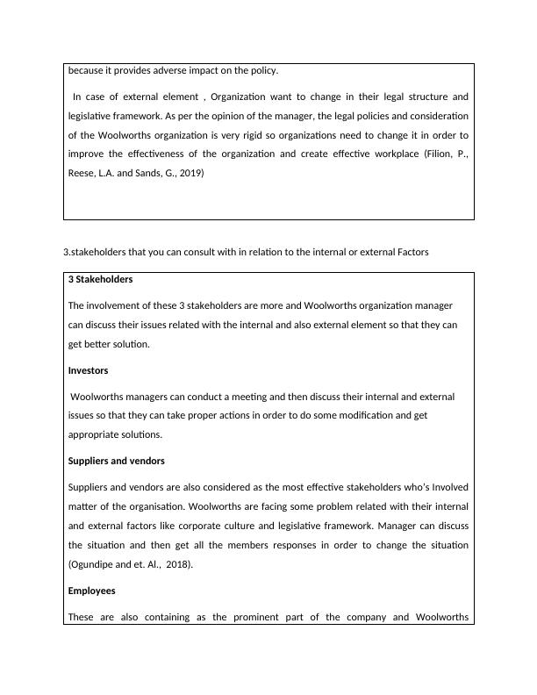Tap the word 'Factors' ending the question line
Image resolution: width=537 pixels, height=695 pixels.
pos(410,253)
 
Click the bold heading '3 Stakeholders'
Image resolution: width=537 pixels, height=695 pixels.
pos(100,279)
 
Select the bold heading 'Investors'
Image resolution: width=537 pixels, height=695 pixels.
pos(88,370)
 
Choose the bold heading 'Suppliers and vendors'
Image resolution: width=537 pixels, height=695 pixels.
pos(116,461)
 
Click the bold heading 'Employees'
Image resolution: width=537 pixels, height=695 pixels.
pos(91,591)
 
